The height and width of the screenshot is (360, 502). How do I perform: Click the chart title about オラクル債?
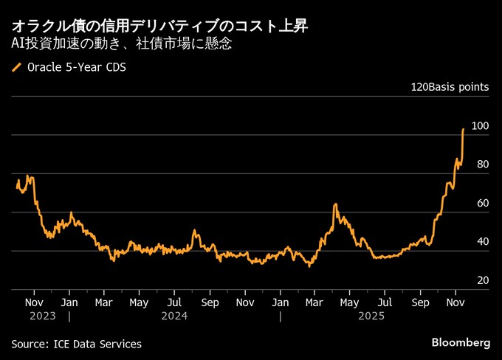pyautogui.click(x=159, y=27)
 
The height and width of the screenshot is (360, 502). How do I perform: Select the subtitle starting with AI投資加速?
pyautogui.click(x=122, y=44)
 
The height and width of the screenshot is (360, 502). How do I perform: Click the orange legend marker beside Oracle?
pyautogui.click(x=16, y=68)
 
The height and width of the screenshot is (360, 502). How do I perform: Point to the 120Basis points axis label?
pyautogui.click(x=450, y=87)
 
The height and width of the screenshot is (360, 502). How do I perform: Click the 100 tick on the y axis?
pyautogui.click(x=481, y=126)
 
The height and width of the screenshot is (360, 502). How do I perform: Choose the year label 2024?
pyautogui.click(x=173, y=316)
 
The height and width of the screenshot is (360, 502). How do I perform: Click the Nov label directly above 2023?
pyautogui.click(x=34, y=302)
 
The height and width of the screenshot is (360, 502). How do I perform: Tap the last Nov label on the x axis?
pyautogui.click(x=455, y=302)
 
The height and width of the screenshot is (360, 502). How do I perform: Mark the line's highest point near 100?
pyautogui.click(x=463, y=129)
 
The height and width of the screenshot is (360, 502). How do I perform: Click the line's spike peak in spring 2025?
pyautogui.click(x=335, y=204)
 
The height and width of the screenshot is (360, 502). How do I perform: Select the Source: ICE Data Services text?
pyautogui.click(x=76, y=344)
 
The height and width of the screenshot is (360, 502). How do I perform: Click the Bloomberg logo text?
pyautogui.click(x=461, y=343)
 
